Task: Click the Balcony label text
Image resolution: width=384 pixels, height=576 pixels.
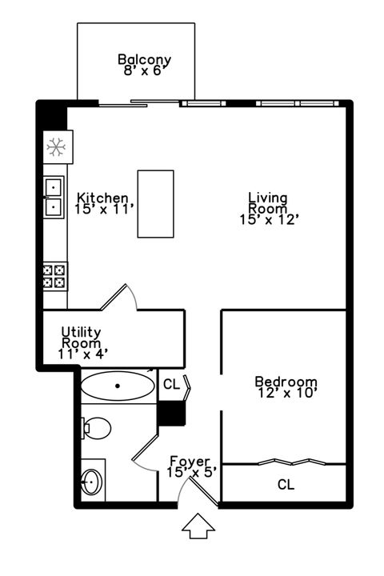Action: click(x=144, y=59)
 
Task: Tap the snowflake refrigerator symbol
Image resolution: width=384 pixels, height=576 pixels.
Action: click(x=55, y=147)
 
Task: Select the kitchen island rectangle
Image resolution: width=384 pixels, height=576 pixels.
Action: click(x=155, y=203)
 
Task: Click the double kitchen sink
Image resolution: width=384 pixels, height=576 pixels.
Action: click(x=54, y=197)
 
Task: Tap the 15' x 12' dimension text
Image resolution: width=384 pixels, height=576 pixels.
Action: click(x=269, y=220)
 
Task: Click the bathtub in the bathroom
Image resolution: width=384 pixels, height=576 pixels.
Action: click(x=118, y=386)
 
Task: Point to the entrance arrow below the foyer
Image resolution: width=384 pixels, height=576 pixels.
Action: click(x=198, y=526)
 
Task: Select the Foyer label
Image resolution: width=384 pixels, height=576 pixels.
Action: click(x=190, y=462)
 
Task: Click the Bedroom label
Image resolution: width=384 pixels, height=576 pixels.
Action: click(x=286, y=382)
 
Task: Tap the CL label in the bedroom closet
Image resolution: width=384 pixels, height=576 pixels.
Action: click(x=286, y=484)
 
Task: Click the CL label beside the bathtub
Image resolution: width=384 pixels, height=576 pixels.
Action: click(x=171, y=385)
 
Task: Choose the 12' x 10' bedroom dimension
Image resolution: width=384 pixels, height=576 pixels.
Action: click(x=288, y=393)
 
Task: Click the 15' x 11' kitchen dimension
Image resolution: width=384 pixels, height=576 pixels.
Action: click(x=104, y=209)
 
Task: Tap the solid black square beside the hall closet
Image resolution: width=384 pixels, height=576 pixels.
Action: click(x=171, y=413)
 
